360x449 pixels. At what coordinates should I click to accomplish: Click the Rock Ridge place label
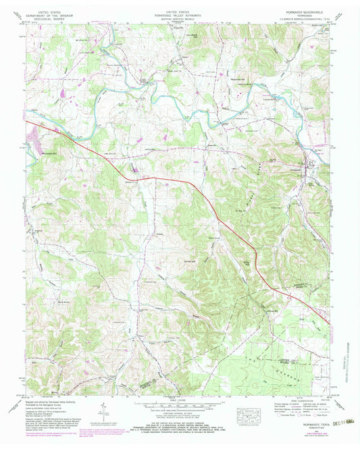point(46,301)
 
